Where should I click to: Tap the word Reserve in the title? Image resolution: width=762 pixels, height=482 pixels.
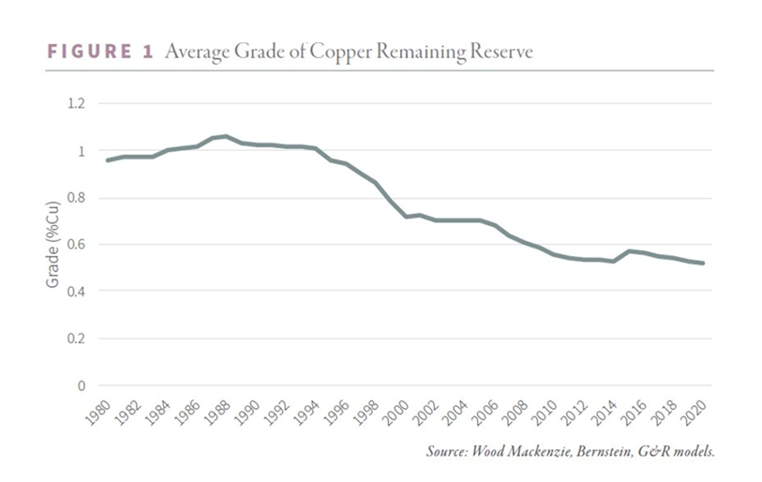point(502,53)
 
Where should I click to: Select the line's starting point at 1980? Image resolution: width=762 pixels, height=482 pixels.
point(108,160)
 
